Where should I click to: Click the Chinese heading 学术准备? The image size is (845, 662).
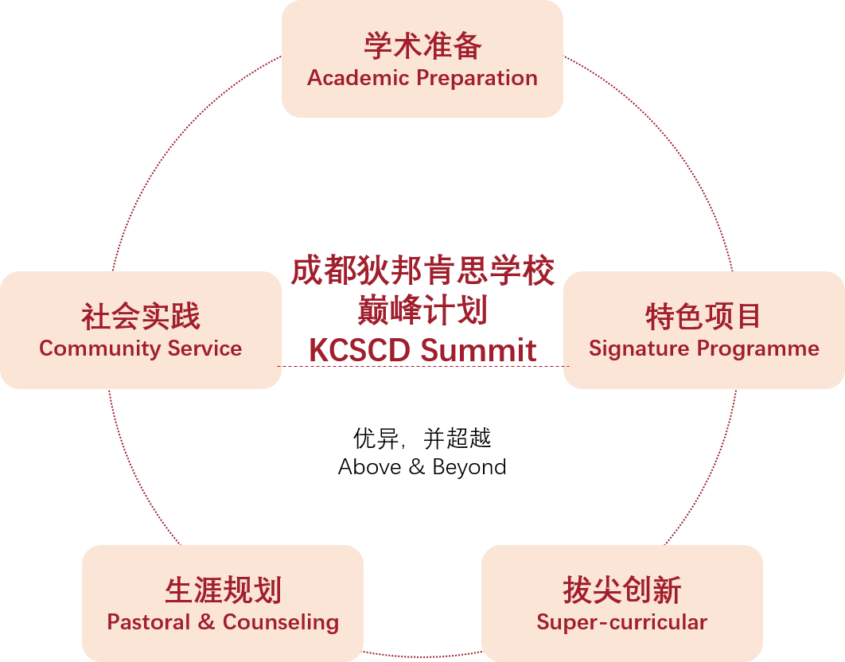click(x=422, y=45)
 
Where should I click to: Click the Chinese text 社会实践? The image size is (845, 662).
click(x=140, y=316)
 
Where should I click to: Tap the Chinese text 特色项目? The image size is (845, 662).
click(x=703, y=316)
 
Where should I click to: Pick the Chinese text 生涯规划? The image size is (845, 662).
click(x=223, y=590)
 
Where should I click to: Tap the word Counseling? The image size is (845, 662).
click(x=281, y=622)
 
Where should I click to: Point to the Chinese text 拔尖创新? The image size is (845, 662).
click(x=622, y=590)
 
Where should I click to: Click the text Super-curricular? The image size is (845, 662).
click(x=622, y=622)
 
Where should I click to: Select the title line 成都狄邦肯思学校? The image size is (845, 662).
click(x=422, y=271)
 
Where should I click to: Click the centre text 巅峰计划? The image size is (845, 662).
click(x=422, y=310)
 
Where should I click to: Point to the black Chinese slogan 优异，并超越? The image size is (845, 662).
click(x=422, y=438)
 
